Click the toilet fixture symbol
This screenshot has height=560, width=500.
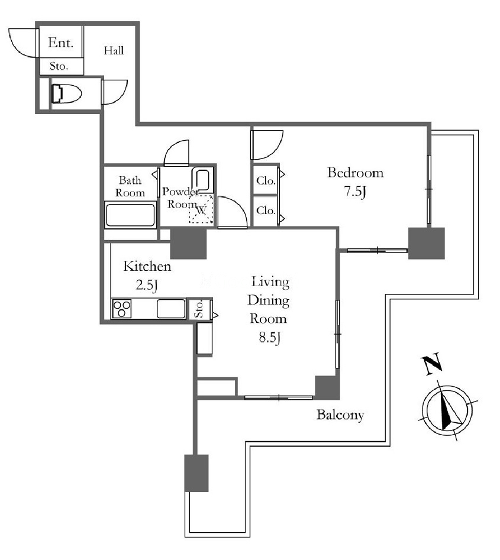tap(66, 93)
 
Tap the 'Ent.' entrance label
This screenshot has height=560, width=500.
tap(61, 43)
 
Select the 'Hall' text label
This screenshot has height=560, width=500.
tap(114, 51)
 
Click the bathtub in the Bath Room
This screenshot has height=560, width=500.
tap(130, 215)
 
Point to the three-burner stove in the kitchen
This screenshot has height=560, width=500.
tap(122, 309)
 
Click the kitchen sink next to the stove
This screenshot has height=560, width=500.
tap(171, 309)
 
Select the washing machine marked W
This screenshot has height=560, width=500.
tap(201, 210)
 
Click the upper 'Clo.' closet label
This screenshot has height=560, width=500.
tap(266, 181)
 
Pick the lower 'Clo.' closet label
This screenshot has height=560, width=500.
tap(266, 211)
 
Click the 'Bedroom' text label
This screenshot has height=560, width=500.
tap(356, 173)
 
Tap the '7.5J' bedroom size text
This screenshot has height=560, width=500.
tap(355, 192)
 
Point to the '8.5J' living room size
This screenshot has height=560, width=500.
tap(270, 338)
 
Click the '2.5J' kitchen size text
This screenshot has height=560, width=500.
tap(147, 285)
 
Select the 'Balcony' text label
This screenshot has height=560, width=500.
tap(340, 415)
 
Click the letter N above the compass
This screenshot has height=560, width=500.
tap(432, 364)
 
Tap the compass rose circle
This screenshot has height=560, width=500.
tap(447, 409)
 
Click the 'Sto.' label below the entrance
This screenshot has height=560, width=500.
tap(59, 66)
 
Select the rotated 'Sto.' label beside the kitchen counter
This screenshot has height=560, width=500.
tap(199, 309)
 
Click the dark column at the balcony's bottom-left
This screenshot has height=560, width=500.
tap(196, 473)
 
